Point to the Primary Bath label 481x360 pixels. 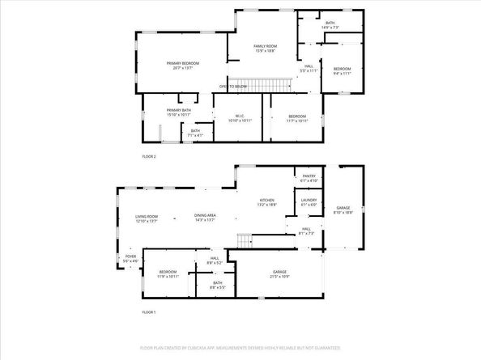click(x=178, y=112)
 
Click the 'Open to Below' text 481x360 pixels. click(x=232, y=86)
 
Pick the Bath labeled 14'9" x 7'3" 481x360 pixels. click(x=330, y=25)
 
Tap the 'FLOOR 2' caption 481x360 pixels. click(x=149, y=156)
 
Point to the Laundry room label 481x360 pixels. click(x=309, y=202)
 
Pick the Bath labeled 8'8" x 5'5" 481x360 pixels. click(x=218, y=285)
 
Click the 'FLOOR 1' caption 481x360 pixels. click(x=148, y=312)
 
